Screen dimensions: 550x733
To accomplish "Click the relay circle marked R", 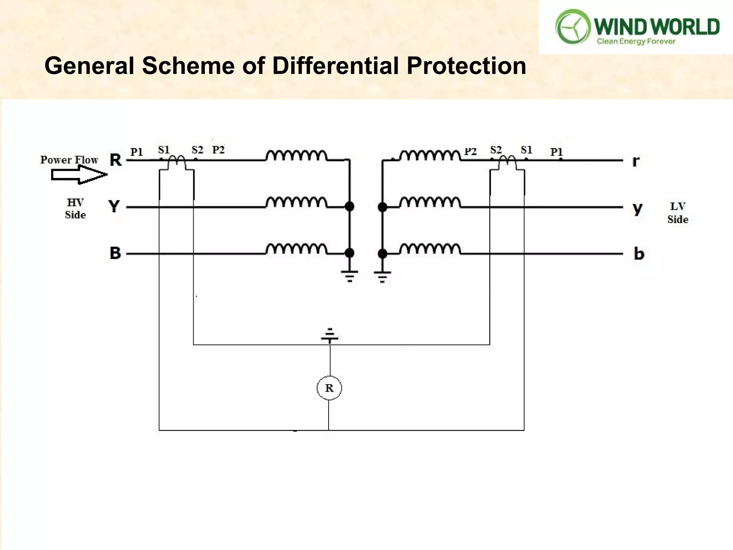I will (329, 388).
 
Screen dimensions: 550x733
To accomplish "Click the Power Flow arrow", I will (79, 175).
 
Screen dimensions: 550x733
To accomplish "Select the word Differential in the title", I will (335, 66).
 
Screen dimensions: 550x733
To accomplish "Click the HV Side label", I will (76, 209).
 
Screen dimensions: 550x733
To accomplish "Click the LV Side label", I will (678, 213).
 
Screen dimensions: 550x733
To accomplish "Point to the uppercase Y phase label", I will (114, 207).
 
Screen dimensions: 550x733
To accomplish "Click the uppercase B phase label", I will (115, 253).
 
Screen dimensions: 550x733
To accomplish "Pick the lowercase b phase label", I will (639, 254).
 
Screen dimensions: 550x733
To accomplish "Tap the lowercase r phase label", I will (636, 161).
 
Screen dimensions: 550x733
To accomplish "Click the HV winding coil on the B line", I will (296, 249).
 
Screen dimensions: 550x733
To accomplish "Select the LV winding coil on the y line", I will (430, 202).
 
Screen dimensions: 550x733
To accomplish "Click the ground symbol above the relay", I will (330, 336).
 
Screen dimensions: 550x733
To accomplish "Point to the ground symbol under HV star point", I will (349, 276).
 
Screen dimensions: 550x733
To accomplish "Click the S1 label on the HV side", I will (164, 150).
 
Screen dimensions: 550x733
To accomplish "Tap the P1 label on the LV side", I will (556, 152).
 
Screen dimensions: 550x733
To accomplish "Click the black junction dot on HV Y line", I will (349, 207).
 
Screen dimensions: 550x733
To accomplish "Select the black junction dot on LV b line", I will (382, 254).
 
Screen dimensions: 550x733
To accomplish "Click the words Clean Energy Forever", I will (636, 42).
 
